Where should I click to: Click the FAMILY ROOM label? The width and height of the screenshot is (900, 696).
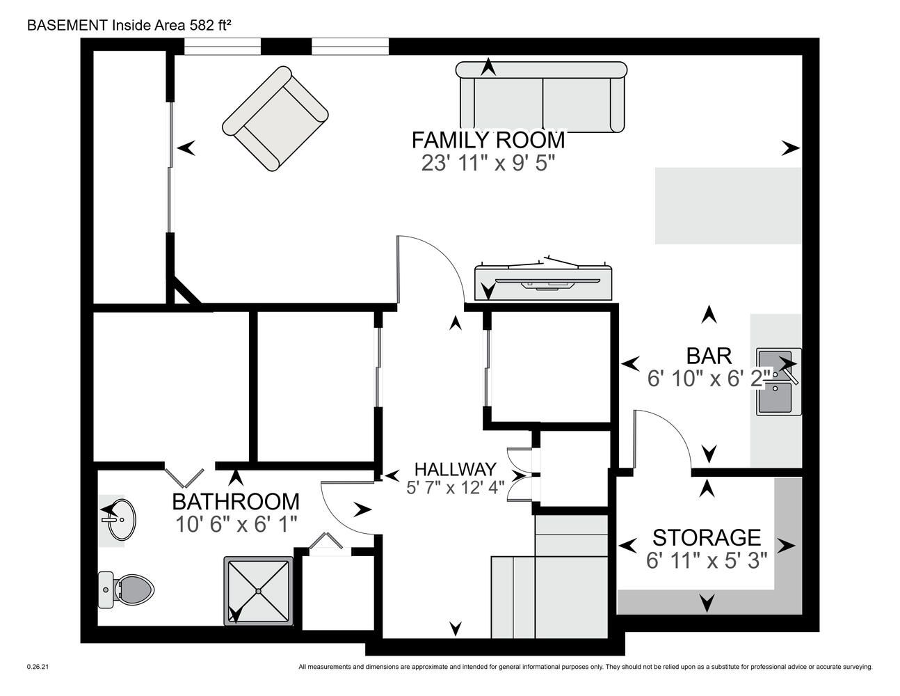pos(488,140)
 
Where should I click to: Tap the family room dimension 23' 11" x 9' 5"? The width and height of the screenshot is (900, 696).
pos(488,164)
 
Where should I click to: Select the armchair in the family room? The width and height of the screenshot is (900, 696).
pos(275,119)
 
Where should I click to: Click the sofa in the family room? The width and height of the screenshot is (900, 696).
pos(541,97)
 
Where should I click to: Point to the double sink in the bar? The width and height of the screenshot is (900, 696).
pos(779,381)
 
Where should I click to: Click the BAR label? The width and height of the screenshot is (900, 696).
pos(709,356)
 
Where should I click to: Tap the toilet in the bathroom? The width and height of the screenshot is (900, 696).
pos(126,590)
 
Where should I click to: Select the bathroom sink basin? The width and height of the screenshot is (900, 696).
pos(122,519)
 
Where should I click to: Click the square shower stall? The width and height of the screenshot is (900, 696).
pos(259,591)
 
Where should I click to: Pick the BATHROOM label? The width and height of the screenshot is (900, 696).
pos(236,502)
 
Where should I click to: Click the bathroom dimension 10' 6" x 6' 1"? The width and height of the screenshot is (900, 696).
pos(236,525)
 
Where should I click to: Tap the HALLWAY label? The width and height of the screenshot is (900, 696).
pos(455,469)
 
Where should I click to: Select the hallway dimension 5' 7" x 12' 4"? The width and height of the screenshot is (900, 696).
pos(455,488)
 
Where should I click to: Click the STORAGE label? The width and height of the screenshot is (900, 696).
pos(707,538)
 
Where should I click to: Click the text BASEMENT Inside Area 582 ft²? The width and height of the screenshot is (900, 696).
pos(129,25)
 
